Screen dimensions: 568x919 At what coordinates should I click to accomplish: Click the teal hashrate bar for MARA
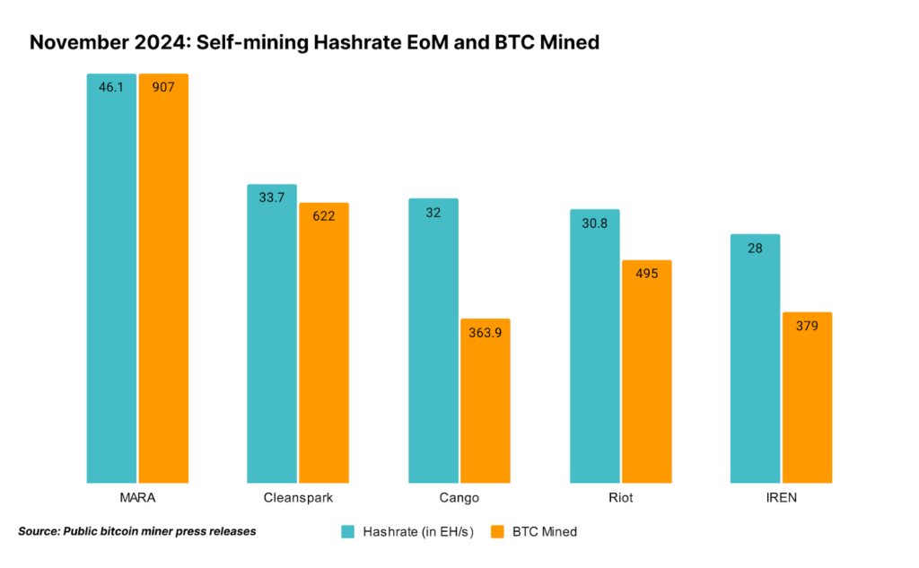[111, 278]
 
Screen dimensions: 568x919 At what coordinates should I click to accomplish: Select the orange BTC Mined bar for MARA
[163, 278]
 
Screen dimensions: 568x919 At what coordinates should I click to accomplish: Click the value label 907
[163, 87]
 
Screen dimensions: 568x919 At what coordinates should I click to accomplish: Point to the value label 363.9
[485, 332]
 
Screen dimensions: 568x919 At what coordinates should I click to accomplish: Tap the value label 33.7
[272, 197]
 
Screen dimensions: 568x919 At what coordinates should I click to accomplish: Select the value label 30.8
[594, 223]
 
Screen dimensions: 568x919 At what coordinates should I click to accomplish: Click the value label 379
[807, 326]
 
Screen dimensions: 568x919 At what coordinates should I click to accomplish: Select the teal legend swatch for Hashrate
[348, 531]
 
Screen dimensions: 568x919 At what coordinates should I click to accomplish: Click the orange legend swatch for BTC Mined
[499, 531]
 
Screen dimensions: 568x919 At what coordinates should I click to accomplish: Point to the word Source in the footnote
[38, 531]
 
